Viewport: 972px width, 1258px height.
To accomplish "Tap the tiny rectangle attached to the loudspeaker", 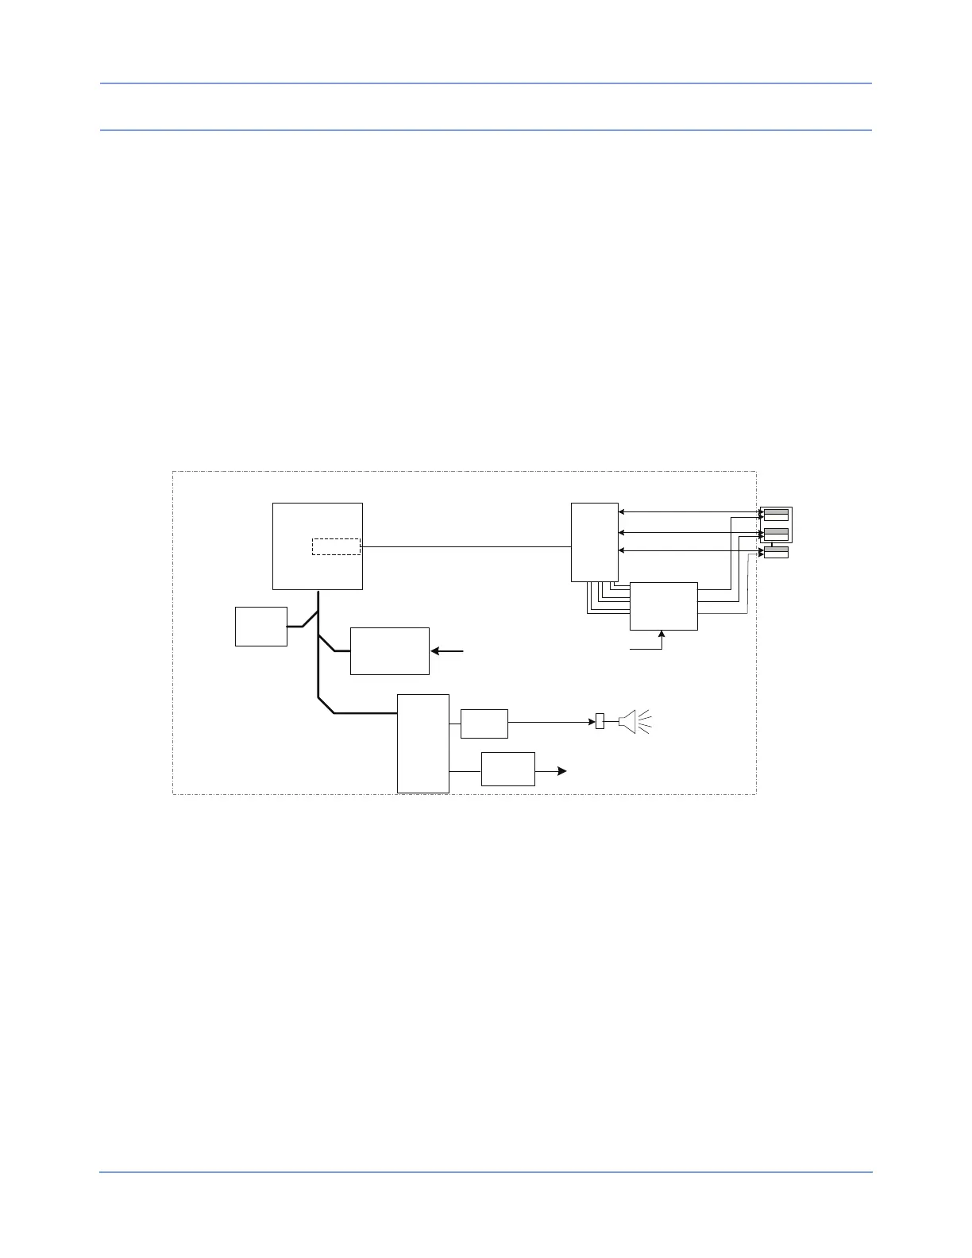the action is click(x=600, y=722).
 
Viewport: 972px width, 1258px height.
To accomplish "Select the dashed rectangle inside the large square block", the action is click(x=336, y=546).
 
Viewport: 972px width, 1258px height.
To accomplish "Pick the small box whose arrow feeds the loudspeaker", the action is click(x=484, y=723).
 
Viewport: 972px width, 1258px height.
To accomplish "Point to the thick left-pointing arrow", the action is click(x=447, y=651).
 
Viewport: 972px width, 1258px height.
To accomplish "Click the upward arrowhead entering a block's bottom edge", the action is click(x=661, y=635).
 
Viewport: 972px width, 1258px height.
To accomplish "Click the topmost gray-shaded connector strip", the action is click(x=776, y=511).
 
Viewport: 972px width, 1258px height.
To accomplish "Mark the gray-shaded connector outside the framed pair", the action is click(x=776, y=550).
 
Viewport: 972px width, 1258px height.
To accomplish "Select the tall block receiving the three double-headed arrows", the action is click(x=594, y=542).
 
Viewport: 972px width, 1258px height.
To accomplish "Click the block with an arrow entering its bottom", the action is click(x=663, y=606).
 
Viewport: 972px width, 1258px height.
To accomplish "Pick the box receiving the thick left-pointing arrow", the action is click(x=389, y=651).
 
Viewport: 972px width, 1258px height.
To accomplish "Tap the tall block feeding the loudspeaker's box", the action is click(x=422, y=743).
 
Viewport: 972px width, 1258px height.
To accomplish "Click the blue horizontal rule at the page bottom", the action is click(x=485, y=1172).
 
